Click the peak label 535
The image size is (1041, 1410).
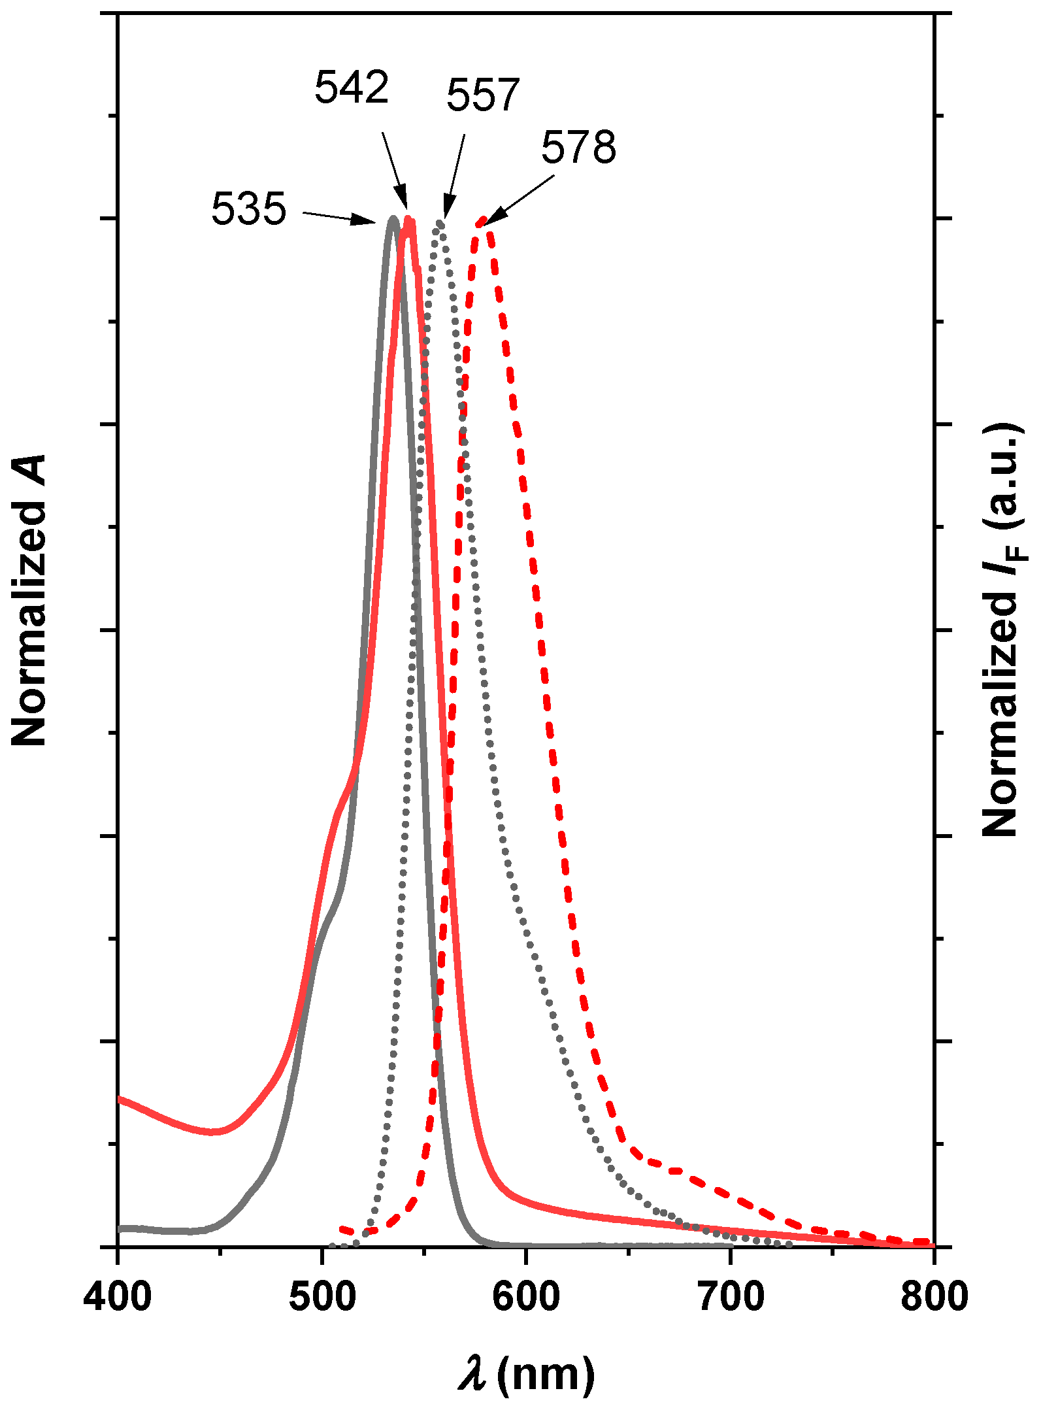click(248, 209)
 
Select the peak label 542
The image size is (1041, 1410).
click(352, 87)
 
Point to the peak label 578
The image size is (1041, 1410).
click(578, 148)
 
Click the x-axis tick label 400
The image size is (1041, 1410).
click(118, 1296)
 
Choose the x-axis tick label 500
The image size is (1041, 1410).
click(322, 1296)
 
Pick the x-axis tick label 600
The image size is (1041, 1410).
click(526, 1296)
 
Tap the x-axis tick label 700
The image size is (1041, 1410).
click(731, 1296)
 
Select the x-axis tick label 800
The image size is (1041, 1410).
click(934, 1296)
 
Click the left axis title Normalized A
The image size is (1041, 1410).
click(29, 600)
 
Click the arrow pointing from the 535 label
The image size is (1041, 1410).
click(339, 218)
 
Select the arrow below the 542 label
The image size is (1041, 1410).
click(395, 171)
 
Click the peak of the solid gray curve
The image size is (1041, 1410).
click(393, 218)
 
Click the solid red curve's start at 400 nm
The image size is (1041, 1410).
click(119, 1099)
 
